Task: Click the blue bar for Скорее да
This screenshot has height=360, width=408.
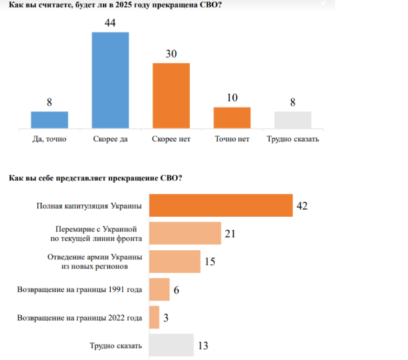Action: coord(110,80)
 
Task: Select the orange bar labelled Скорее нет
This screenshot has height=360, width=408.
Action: coord(171,96)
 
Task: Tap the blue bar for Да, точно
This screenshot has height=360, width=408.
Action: coord(50,119)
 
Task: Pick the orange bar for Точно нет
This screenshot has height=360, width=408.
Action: coord(232,117)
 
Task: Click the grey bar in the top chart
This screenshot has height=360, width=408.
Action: coord(293,119)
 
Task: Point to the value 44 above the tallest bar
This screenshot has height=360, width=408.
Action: coord(110,23)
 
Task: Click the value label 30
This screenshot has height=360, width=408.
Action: coord(171,54)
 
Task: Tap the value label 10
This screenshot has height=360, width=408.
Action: coord(232,98)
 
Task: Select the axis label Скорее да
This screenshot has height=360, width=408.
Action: coord(110,139)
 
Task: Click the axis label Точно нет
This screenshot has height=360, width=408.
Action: coord(232,139)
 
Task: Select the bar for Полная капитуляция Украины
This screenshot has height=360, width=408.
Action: coord(220,205)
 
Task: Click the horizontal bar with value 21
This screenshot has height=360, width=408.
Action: coord(185,234)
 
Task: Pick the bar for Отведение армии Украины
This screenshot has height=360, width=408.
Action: coord(175,262)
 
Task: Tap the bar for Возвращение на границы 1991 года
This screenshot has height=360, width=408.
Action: coord(159,290)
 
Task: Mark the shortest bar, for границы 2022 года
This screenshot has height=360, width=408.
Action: coord(154,317)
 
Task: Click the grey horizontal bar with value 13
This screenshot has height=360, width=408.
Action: coord(171,345)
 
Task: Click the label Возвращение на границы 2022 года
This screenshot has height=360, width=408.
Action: coord(80,318)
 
